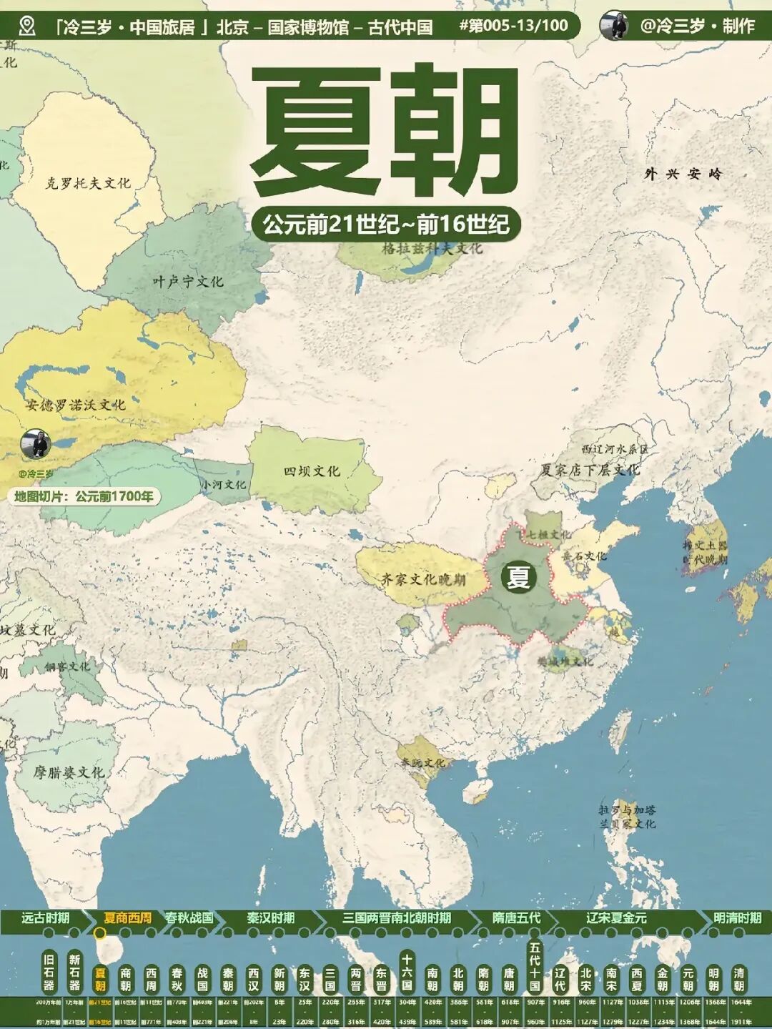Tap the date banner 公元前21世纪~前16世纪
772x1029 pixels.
click(386, 225)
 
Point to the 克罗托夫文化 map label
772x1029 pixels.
click(89, 183)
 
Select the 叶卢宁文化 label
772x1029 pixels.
click(187, 282)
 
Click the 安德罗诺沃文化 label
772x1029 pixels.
click(76, 405)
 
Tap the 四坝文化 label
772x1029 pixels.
click(312, 471)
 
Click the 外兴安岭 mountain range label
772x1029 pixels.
click(683, 174)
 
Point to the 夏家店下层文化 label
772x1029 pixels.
click(590, 470)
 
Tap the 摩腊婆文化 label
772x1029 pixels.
click(69, 772)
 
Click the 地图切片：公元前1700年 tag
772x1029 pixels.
click(84, 496)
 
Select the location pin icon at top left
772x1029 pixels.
click(27, 26)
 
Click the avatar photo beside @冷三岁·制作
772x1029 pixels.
click(613, 26)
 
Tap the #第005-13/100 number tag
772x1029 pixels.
click(513, 26)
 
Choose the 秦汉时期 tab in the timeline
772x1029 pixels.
click(270, 918)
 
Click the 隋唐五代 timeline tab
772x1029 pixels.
click(516, 918)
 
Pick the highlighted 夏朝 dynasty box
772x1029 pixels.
click(100, 979)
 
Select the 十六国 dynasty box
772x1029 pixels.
click(407, 973)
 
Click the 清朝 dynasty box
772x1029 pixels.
click(738, 979)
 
